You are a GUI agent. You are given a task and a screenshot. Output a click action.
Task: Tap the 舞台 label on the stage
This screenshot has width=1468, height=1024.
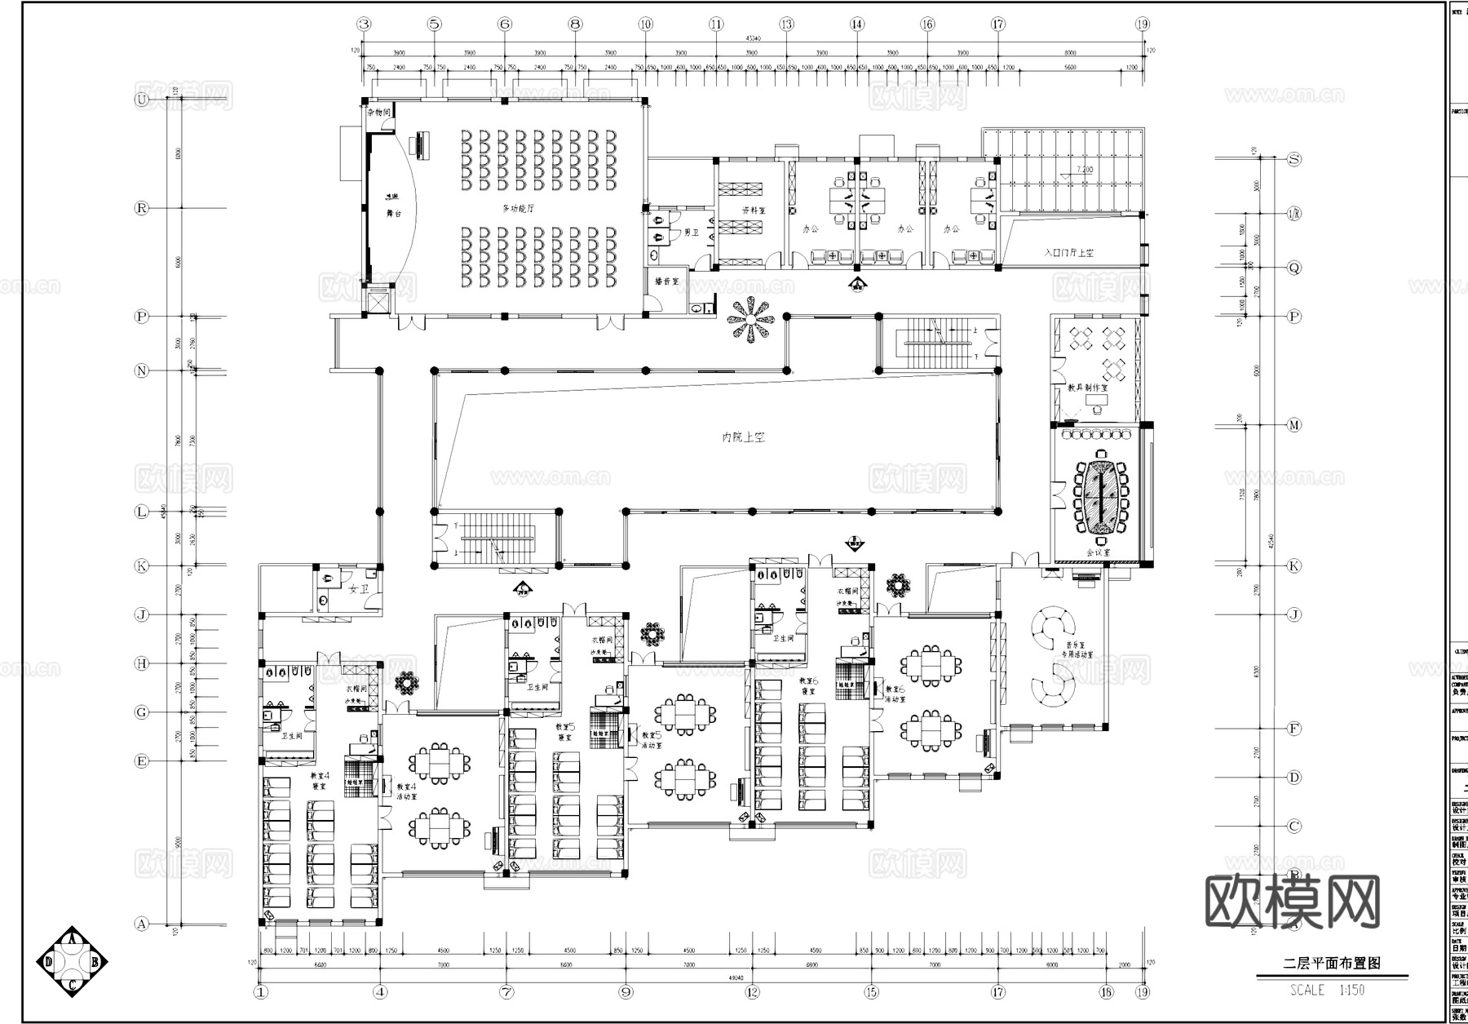coord(393,213)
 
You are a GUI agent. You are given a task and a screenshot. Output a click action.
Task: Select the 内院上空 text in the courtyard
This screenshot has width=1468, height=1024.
coord(743,438)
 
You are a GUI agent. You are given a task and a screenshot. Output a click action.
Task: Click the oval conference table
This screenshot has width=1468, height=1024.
coord(1101,497)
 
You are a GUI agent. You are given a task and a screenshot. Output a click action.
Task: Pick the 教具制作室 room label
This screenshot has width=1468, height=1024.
coord(1088,388)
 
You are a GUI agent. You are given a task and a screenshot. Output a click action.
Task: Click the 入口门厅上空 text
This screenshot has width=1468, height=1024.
coord(1069,253)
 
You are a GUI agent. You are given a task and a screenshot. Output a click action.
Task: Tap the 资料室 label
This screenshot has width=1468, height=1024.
coord(754,210)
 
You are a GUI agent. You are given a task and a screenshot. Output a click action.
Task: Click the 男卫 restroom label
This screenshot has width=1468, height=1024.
coord(691,233)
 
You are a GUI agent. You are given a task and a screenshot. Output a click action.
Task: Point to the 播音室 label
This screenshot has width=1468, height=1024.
coord(666,281)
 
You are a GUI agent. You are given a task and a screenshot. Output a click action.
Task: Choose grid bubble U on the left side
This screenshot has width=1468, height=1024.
coord(142,100)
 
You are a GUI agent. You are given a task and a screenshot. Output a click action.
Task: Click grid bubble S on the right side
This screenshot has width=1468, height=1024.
coord(1293,159)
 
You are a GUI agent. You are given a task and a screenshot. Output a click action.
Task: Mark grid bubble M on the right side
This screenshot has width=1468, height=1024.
coord(1293,425)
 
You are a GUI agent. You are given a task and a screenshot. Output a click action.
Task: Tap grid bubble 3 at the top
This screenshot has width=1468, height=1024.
coord(364,24)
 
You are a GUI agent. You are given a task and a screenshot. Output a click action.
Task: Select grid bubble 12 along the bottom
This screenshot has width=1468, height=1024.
coord(751,992)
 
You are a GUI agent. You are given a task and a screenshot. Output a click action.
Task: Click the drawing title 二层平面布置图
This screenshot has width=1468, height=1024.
coord(1332,963)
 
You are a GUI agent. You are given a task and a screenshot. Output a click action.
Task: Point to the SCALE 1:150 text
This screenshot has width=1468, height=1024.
coord(1328,991)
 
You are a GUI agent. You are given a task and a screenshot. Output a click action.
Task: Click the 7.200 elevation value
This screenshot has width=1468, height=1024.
coord(1085,170)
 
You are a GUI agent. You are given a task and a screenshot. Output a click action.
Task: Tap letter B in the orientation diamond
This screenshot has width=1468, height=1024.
coord(95,962)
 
